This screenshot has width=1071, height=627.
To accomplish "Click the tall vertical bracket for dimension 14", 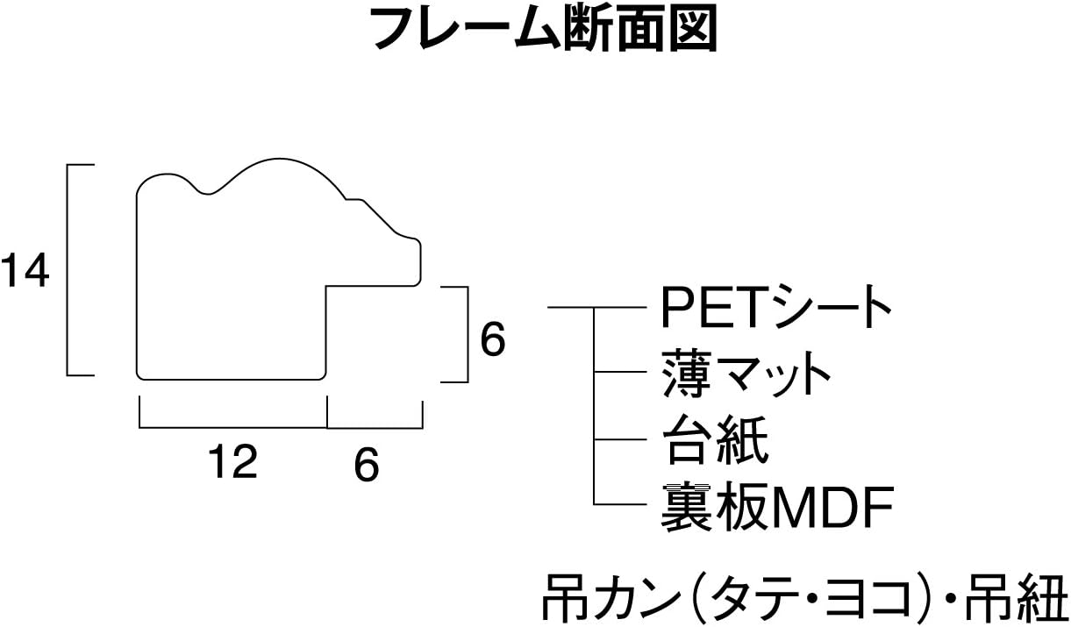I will point(70,269).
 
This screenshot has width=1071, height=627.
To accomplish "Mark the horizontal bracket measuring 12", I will point(233,426).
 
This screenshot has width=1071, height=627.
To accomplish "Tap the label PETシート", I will point(775,306).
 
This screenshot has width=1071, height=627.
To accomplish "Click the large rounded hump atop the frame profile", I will point(276,172).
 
